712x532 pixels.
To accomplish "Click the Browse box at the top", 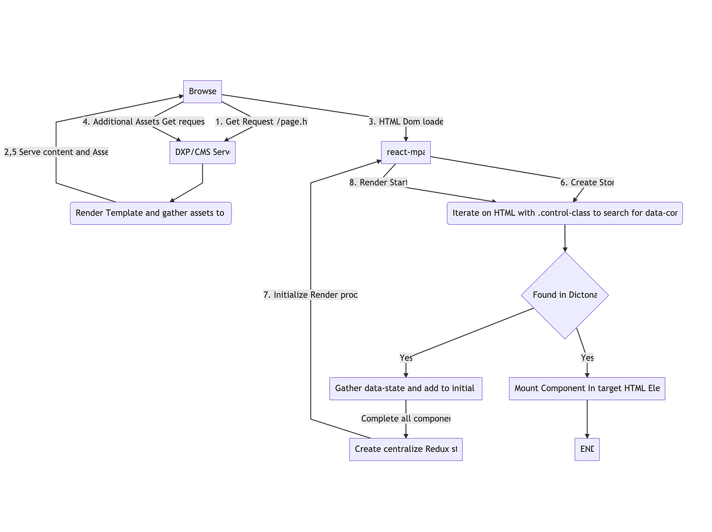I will (202, 91).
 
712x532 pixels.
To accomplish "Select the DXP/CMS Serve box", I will (202, 152).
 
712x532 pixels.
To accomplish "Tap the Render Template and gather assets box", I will (151, 214).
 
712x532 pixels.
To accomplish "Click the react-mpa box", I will (406, 152).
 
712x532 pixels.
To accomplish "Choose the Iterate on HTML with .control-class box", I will (564, 214).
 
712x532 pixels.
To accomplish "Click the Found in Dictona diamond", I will (564, 295).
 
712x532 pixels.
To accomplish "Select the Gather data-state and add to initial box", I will (405, 388).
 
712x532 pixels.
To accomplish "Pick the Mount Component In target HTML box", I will (587, 388).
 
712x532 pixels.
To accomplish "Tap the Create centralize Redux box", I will (405, 449).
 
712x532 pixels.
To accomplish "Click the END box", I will (587, 449).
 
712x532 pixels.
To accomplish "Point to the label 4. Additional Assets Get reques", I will (144, 122).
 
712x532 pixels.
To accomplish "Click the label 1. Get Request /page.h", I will (262, 122).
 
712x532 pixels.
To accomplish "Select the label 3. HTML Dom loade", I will (406, 122).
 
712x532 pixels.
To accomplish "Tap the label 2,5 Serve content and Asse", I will (56, 152).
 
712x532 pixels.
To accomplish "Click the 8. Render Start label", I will (378, 183).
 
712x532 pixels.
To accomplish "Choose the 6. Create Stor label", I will (587, 183).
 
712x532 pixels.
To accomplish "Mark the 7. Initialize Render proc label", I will (310, 295).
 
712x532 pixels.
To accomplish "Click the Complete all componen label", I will (406, 419).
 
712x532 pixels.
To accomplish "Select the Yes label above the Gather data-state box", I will (406, 358).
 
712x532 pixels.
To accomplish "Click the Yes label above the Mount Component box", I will (587, 358).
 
